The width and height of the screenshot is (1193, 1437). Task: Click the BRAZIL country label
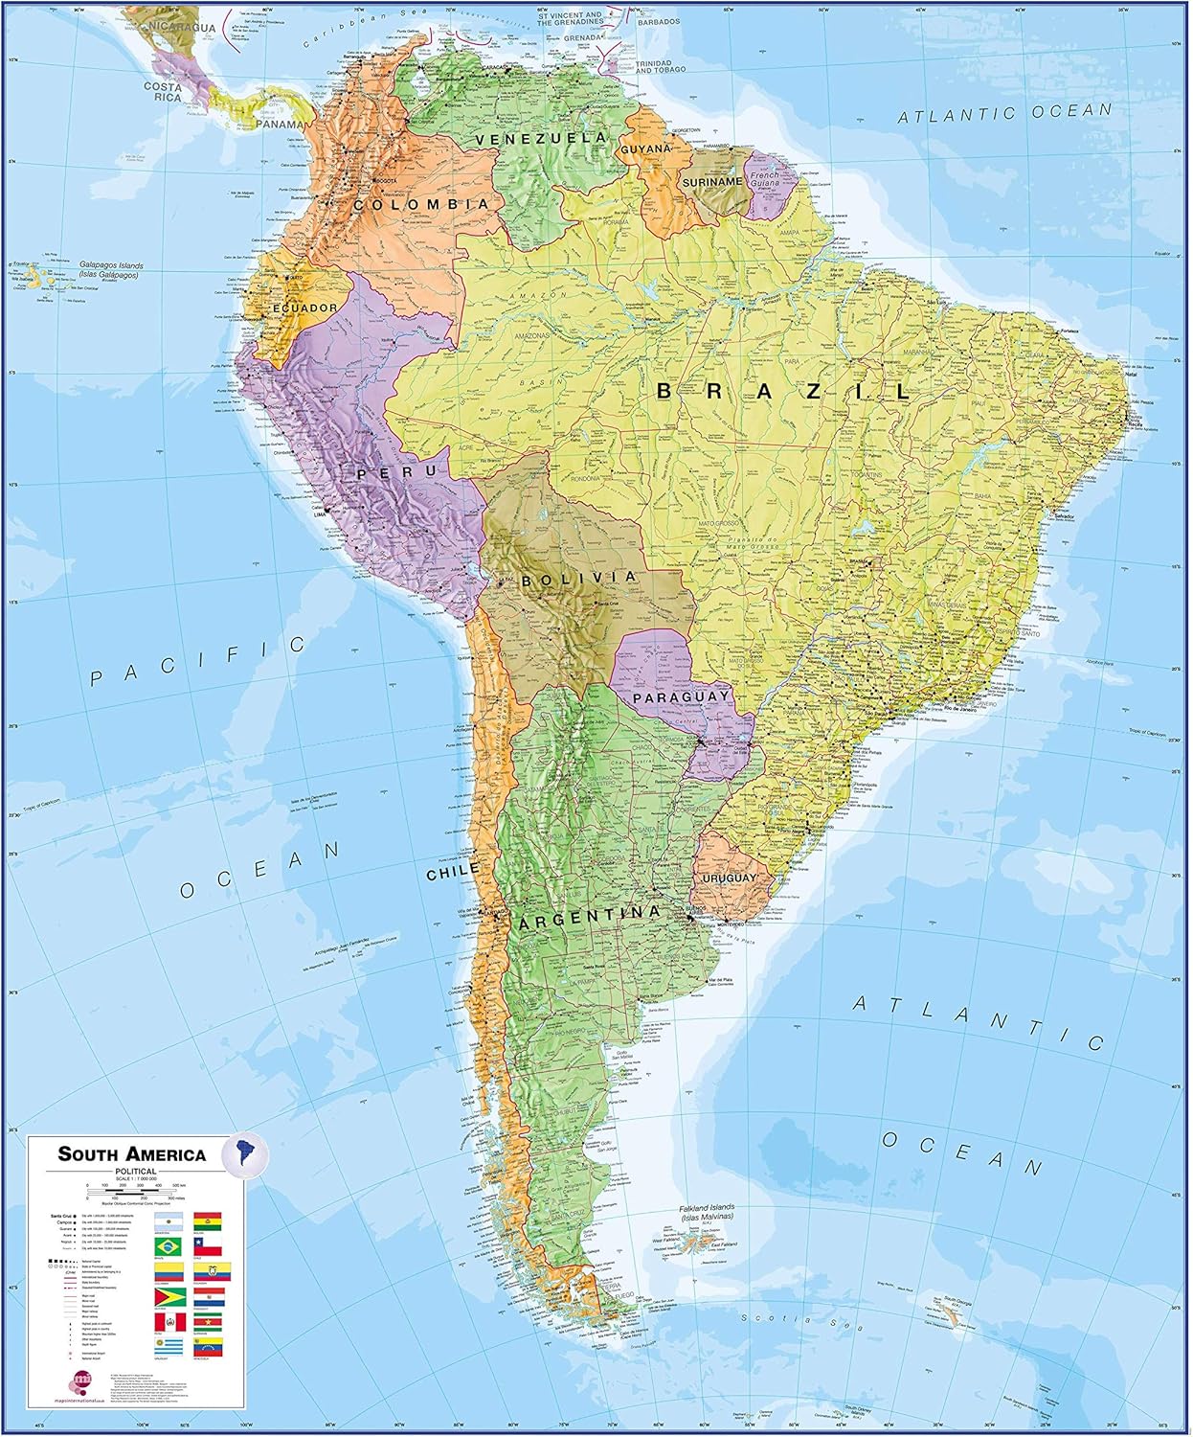(x=784, y=391)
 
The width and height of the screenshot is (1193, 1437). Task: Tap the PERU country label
(x=384, y=473)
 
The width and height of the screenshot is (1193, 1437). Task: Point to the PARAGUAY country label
(x=680, y=697)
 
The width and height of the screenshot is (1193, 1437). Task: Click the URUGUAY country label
(x=729, y=878)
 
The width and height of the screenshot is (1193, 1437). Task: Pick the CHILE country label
(x=452, y=873)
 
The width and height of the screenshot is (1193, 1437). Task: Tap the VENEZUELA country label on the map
(x=541, y=139)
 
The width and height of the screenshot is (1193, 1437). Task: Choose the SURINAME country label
(x=712, y=181)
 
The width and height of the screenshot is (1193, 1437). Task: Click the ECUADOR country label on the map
(x=304, y=308)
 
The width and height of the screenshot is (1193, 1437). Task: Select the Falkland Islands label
(x=692, y=1212)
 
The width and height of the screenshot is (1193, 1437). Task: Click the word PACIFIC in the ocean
(x=196, y=662)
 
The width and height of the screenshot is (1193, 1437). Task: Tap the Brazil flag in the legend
(x=168, y=1245)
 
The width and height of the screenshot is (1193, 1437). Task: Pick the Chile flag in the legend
(x=208, y=1245)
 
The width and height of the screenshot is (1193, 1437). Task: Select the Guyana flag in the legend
(x=168, y=1298)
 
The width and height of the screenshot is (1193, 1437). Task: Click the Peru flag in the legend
(x=168, y=1323)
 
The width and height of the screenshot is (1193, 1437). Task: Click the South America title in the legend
(x=131, y=1153)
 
